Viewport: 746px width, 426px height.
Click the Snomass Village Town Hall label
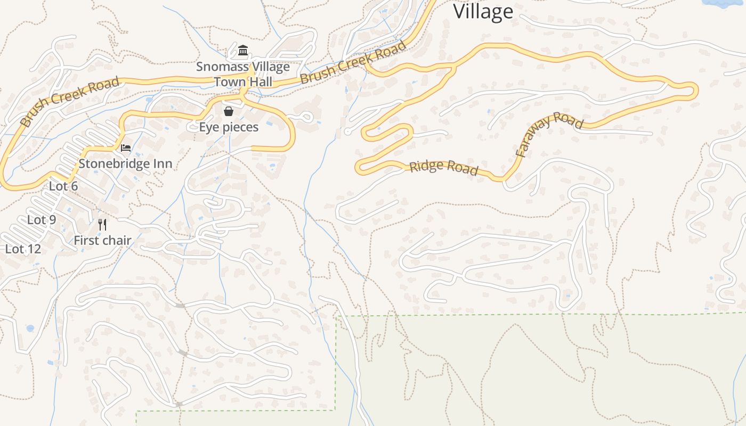tap(243, 74)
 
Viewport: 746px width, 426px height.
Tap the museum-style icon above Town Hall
tap(243, 51)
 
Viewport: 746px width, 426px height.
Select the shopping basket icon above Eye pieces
tap(229, 111)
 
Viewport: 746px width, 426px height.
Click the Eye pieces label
tap(229, 127)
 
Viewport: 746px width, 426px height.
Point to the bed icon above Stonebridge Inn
tap(126, 148)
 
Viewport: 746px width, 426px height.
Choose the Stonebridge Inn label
tap(125, 163)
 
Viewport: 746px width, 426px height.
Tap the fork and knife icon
tap(102, 225)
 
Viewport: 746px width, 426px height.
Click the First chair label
tap(102, 240)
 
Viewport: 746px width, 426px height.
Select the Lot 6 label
tap(63, 186)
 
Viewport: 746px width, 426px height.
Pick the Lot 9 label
tap(42, 220)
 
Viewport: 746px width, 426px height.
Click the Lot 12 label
tap(23, 249)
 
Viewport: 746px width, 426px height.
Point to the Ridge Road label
tap(443, 168)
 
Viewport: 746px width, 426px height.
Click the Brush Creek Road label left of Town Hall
tap(70, 101)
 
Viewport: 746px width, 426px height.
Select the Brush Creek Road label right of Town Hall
tap(353, 63)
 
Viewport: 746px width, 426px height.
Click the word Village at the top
tap(483, 11)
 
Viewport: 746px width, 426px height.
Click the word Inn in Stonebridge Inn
tap(162, 163)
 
